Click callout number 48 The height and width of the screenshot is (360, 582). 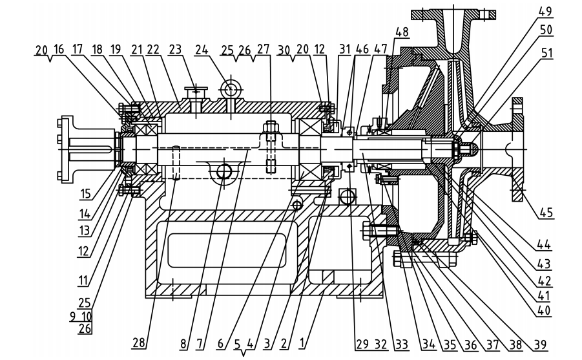[x=402, y=32]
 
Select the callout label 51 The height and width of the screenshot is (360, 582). [x=546, y=53]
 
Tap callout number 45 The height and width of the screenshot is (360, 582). [x=546, y=213]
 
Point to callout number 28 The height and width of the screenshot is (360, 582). [x=138, y=343]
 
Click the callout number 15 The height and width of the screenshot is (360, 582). [x=85, y=193]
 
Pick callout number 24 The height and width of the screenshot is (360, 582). [x=202, y=49]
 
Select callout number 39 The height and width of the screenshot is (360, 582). [x=540, y=344]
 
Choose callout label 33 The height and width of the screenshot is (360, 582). [x=402, y=344]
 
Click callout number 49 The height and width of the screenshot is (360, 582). [x=546, y=12]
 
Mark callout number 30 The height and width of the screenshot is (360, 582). [x=284, y=49]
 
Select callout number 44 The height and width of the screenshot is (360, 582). [x=544, y=244]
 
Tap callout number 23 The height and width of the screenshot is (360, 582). [x=176, y=49]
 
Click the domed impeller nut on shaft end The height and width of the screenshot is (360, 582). [x=468, y=149]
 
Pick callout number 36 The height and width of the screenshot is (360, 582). [x=471, y=344]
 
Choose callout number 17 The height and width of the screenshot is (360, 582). [x=78, y=49]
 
